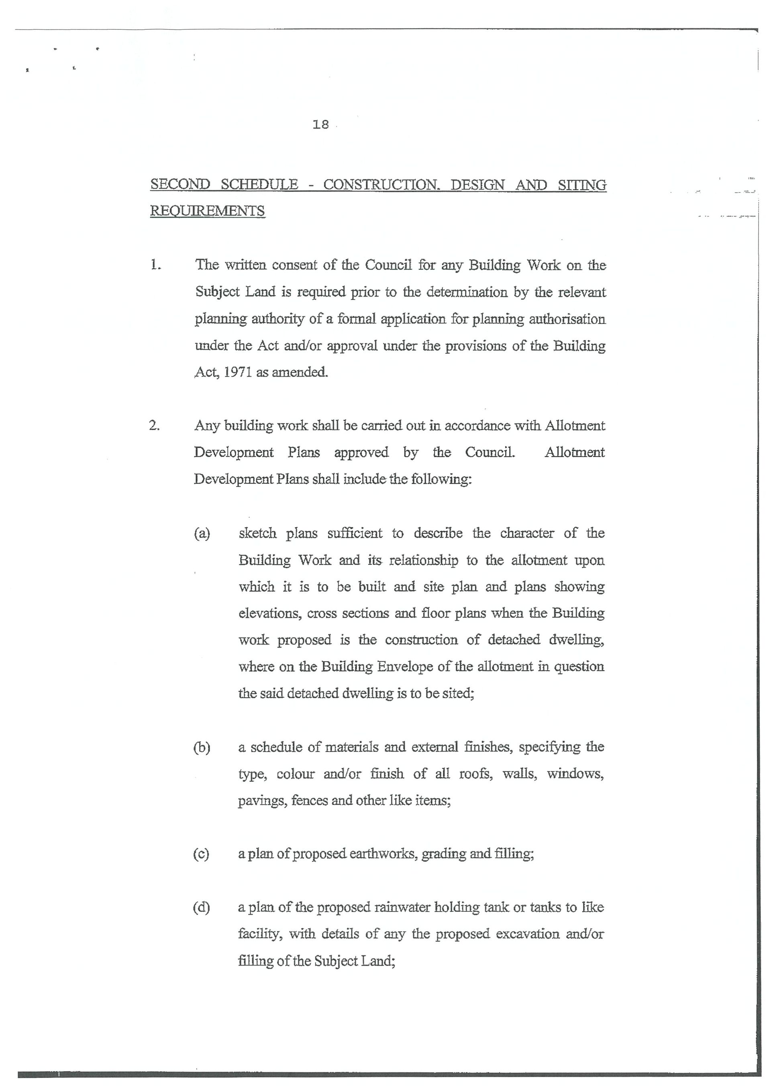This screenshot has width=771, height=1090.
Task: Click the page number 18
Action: coord(321,125)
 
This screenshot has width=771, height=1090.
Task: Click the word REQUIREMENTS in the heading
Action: coord(208,211)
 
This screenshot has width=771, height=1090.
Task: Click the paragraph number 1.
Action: coord(155,265)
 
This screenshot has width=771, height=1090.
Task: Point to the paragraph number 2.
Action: coord(154,426)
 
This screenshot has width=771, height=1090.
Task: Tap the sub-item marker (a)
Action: coord(202,534)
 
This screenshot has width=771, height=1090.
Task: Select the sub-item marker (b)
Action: coord(201,747)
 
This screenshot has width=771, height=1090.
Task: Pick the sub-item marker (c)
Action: coord(201,854)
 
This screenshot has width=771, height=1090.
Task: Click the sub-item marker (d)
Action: coord(201,908)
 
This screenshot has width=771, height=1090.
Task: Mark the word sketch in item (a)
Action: coord(257,534)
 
